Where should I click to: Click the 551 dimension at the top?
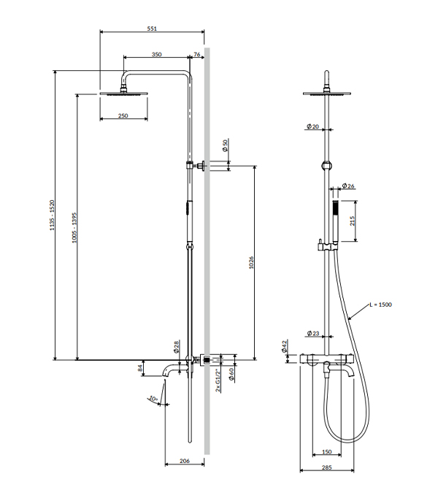(152, 28)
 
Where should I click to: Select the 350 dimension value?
(156, 54)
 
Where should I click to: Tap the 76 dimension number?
(196, 54)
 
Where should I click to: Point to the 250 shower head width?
(123, 115)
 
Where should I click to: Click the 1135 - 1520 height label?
(52, 215)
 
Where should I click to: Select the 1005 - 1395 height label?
(74, 228)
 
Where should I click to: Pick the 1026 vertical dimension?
(251, 262)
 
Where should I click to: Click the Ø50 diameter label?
(225, 145)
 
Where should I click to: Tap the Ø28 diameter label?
(176, 346)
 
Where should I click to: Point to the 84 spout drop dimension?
(140, 368)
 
